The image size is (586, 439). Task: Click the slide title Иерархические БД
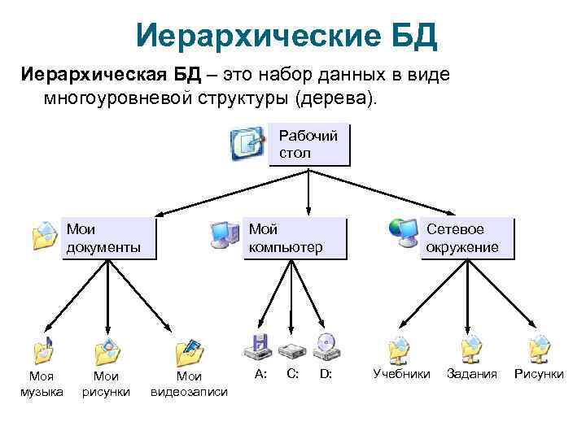click(287, 35)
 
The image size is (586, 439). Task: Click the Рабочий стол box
click(308, 145)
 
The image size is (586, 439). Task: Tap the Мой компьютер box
click(295, 237)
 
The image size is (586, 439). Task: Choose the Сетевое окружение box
click(467, 237)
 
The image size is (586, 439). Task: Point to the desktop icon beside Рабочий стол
click(247, 144)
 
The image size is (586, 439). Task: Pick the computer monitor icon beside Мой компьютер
click(225, 234)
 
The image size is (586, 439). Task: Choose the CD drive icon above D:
click(327, 347)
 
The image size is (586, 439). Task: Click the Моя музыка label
click(42, 384)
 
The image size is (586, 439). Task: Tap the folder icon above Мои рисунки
click(107, 350)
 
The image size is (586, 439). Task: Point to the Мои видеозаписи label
click(189, 384)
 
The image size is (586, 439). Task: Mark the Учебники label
click(401, 374)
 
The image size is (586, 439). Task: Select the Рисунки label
click(539, 374)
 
